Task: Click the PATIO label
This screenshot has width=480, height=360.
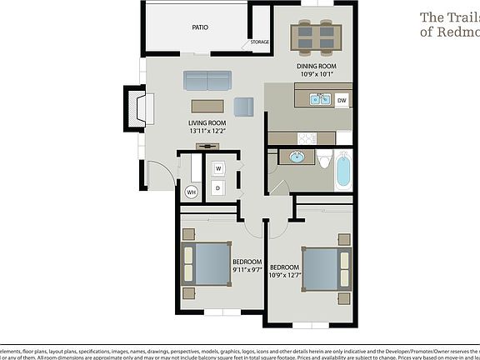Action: point(200,27)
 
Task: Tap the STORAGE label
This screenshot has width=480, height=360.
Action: point(259,42)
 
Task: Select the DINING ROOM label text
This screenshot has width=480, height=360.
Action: point(316,66)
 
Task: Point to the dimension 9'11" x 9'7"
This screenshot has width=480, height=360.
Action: point(247,270)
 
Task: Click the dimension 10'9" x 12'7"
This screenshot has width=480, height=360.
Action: point(285,275)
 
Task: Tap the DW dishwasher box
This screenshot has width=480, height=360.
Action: point(342,101)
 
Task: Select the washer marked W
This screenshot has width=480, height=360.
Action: point(218,168)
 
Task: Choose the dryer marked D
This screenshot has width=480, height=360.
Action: point(218,188)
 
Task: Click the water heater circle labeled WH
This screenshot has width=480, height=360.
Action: point(191,192)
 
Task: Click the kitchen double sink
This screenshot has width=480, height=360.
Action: point(319,100)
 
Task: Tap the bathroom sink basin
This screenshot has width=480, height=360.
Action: point(296,156)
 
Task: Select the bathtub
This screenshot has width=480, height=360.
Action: point(343,169)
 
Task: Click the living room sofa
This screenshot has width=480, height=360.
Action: point(207,80)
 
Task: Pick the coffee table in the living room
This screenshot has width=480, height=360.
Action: point(208,106)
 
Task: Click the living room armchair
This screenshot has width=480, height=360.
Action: point(243,107)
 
